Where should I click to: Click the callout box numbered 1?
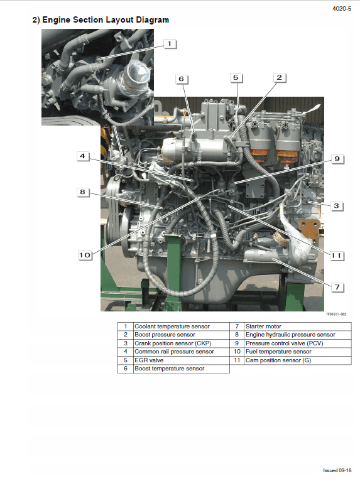click(x=170, y=44)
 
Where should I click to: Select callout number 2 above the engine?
click(x=280, y=78)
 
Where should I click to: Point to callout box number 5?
click(x=236, y=78)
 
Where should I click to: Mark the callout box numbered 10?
click(x=85, y=255)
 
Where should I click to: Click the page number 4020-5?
click(x=341, y=8)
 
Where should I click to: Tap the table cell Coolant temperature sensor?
click(x=172, y=327)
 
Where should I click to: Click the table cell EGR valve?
click(x=149, y=360)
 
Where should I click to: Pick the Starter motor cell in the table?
click(x=263, y=327)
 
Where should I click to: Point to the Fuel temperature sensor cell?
click(x=278, y=352)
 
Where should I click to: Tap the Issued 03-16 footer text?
click(x=337, y=470)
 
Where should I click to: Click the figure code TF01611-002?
click(x=335, y=314)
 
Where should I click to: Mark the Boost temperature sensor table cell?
click(x=169, y=369)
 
